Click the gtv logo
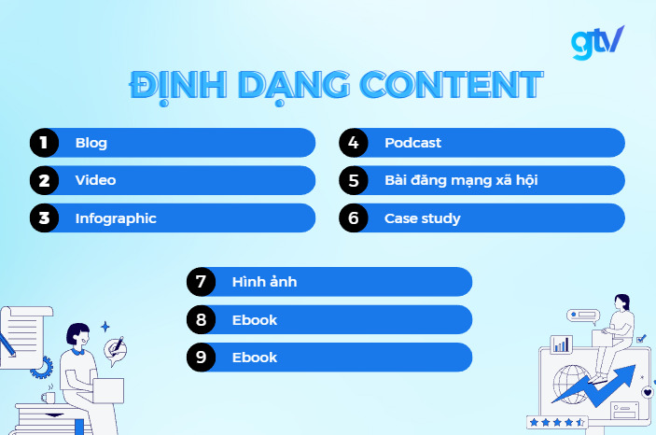click(597, 42)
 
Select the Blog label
click(91, 143)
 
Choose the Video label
click(95, 180)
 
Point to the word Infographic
click(116, 218)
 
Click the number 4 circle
click(353, 143)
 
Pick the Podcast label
click(412, 143)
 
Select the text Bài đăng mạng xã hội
click(461, 180)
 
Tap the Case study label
click(422, 218)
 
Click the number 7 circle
click(201, 282)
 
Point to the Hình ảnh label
click(264, 282)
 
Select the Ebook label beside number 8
click(255, 320)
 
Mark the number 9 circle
click(201, 358)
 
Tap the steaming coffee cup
click(48, 395)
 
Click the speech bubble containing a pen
click(116, 350)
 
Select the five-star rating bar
click(556, 422)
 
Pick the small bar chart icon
click(561, 344)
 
